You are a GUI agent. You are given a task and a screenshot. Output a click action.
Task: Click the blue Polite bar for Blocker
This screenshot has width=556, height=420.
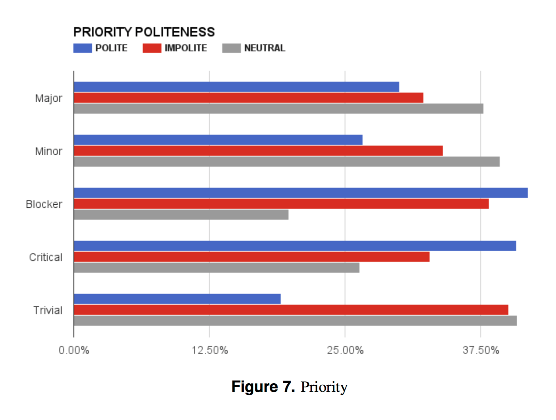(301, 193)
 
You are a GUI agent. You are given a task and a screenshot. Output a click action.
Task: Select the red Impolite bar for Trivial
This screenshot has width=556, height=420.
(291, 310)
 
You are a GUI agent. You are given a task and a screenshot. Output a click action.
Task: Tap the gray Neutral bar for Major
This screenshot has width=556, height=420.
(278, 109)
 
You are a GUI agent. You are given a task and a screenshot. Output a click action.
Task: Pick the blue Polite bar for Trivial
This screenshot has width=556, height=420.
(177, 299)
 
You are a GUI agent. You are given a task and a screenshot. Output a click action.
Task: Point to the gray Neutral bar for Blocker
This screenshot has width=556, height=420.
(181, 215)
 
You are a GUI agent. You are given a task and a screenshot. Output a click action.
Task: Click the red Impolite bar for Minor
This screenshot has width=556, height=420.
(258, 151)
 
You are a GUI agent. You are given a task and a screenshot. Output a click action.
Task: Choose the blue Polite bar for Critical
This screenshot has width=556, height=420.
(295, 246)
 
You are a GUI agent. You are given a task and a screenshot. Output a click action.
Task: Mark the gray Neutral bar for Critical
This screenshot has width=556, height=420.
(216, 267)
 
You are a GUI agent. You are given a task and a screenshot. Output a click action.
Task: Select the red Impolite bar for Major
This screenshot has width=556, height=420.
(248, 98)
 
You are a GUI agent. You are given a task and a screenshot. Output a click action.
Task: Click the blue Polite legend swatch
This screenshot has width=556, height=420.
(82, 48)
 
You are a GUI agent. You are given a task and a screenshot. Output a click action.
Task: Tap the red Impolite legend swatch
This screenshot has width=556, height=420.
(152, 48)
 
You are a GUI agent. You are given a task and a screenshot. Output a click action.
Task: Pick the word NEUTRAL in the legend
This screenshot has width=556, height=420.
(264, 48)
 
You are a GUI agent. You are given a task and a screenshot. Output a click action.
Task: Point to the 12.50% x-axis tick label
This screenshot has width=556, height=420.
(210, 351)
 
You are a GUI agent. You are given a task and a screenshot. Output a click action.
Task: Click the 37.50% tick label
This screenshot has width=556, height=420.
(480, 351)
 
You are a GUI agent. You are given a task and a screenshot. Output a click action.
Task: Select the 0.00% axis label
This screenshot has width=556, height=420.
(74, 351)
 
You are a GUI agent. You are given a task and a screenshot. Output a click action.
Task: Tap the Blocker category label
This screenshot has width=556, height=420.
(44, 204)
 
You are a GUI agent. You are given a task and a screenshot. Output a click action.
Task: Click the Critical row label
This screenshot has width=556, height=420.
(45, 257)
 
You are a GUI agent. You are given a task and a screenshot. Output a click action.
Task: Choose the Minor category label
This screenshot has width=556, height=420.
(48, 151)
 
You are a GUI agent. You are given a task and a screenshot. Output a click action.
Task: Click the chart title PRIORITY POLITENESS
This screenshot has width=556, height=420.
(144, 32)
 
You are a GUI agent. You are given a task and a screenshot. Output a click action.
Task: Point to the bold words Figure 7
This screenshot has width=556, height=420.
(263, 387)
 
